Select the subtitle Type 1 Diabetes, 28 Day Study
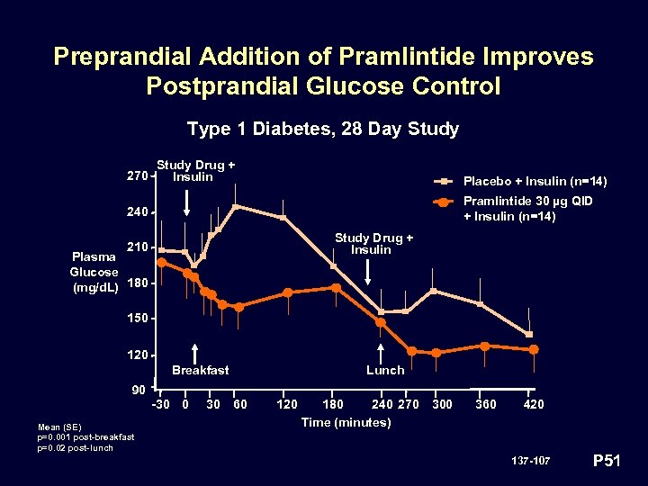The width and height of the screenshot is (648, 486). tap(323, 129)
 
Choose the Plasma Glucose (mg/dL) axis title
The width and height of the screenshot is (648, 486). tap(94, 272)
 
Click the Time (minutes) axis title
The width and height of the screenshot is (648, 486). tap(346, 422)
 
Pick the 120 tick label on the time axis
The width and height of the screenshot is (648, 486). tap(286, 404)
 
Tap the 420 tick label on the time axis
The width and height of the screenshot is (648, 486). tap(533, 404)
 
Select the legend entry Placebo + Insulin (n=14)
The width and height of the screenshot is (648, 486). tap(535, 182)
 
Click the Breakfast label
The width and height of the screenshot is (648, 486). tap(200, 370)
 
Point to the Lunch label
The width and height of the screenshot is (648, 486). tap(384, 370)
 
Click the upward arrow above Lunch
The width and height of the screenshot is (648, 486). tap(381, 353)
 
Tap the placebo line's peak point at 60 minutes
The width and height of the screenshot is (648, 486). tap(235, 207)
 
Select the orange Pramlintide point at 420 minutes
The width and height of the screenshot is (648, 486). tap(533, 349)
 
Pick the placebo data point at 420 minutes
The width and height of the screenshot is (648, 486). tap(529, 335)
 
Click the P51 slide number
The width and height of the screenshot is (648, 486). tap(608, 462)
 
